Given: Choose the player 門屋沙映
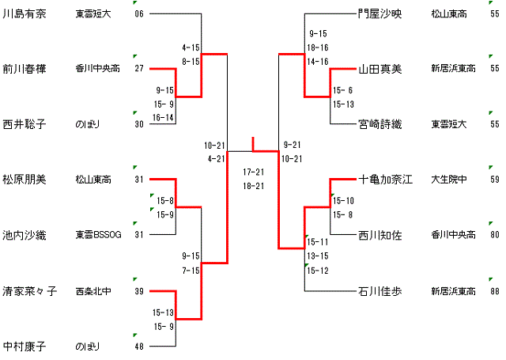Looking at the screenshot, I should pyautogui.click(x=379, y=13).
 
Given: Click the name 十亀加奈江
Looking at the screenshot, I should pyautogui.click(x=385, y=180).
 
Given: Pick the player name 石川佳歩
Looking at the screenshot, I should pyautogui.click(x=379, y=290).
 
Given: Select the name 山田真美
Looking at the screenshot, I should pyautogui.click(x=379, y=69).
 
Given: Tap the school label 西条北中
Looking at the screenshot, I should pyautogui.click(x=93, y=290).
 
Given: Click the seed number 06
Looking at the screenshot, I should pyautogui.click(x=139, y=14).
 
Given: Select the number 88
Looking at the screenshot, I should pyautogui.click(x=494, y=291).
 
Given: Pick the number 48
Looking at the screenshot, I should pyautogui.click(x=139, y=347).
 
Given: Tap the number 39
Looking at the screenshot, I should pyautogui.click(x=139, y=291).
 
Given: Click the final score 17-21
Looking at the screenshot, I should pyautogui.click(x=254, y=172).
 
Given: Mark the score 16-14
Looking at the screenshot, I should pyautogui.click(x=164, y=117).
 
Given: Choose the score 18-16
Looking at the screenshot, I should pyautogui.click(x=318, y=47).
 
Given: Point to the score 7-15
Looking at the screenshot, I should pyautogui.click(x=191, y=270).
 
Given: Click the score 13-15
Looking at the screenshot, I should pyautogui.click(x=318, y=256).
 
